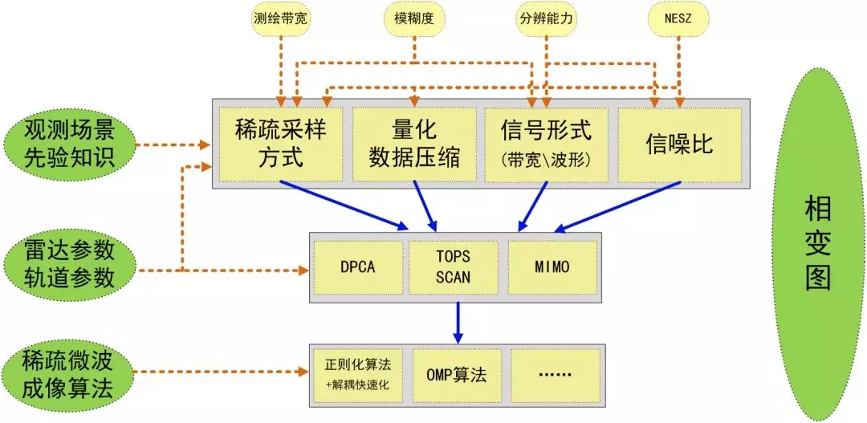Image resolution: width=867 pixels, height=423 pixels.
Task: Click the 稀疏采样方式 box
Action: (x=281, y=144)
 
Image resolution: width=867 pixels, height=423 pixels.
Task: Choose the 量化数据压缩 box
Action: (x=414, y=144)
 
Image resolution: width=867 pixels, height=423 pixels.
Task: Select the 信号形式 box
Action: (x=547, y=144)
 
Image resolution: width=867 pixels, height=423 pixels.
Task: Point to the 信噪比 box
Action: (x=680, y=144)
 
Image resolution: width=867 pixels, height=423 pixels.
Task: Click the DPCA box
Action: (x=358, y=267)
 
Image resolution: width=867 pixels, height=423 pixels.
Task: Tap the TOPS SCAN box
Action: (x=453, y=267)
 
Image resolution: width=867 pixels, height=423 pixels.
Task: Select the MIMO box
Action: (x=552, y=267)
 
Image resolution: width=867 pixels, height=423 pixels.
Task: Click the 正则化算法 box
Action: (x=358, y=376)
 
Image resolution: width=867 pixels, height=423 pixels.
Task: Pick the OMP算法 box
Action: (x=457, y=376)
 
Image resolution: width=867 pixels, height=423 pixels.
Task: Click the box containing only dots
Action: (x=555, y=376)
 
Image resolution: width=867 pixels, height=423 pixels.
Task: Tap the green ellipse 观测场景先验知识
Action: (x=68, y=144)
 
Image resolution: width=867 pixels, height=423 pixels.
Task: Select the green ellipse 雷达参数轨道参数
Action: (x=68, y=264)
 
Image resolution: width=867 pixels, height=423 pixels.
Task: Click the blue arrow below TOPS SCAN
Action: (x=458, y=323)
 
